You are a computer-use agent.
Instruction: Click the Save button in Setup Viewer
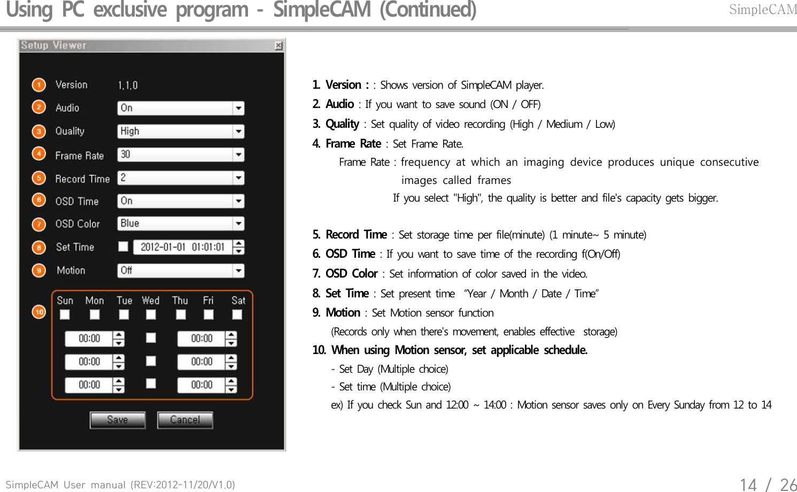point(118,420)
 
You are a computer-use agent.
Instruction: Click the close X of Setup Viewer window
point(278,46)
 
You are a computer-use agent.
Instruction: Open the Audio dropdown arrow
point(238,108)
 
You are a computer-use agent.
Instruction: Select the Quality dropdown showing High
point(180,132)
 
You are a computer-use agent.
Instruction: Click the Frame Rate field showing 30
point(175,155)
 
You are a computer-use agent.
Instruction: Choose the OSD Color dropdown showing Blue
point(180,224)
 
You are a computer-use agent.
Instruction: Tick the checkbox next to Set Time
point(123,247)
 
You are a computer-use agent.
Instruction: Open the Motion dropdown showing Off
point(180,271)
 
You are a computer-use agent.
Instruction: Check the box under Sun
point(65,314)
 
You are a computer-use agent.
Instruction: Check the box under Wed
point(151,314)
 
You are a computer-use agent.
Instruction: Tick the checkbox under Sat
point(237,314)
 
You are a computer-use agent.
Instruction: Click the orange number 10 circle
point(39,312)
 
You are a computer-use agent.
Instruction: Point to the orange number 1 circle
point(38,85)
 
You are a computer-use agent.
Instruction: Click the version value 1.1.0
point(128,86)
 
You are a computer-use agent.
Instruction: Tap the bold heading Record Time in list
point(356,235)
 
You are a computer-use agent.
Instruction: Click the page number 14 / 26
point(768,485)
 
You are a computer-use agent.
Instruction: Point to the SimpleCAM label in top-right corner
point(763,10)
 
